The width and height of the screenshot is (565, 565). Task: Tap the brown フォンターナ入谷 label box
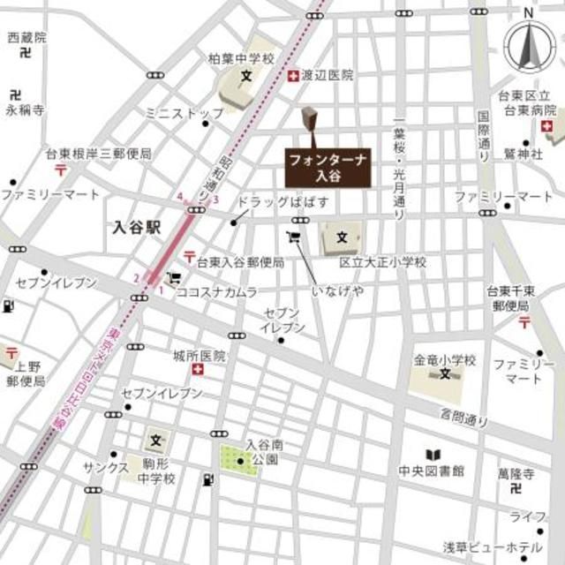tap(328, 166)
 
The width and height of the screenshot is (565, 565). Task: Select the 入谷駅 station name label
tap(138, 227)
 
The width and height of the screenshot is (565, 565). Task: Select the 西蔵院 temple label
tap(26, 38)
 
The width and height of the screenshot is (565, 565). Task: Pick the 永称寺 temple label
tap(25, 110)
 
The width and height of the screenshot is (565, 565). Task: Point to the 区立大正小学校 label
tap(383, 262)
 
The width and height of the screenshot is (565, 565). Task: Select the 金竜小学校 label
tap(446, 360)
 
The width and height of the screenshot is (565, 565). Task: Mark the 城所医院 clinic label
tap(200, 356)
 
